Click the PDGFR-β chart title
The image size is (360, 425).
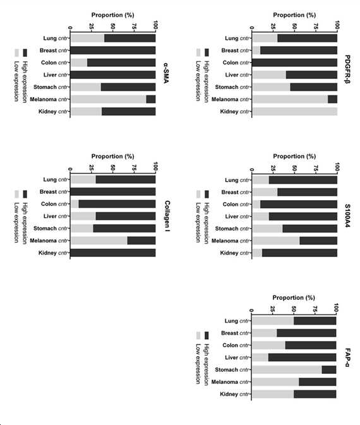[347, 69]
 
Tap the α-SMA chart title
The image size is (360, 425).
[166, 73]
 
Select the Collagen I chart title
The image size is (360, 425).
[167, 216]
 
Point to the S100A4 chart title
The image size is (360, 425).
[347, 215]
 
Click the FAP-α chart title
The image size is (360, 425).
[347, 357]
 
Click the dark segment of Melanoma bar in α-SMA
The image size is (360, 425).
[151, 99]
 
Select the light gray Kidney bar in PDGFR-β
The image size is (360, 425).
[295, 111]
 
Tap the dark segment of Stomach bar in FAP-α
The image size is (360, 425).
[329, 369]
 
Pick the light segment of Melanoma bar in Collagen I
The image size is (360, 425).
[99, 241]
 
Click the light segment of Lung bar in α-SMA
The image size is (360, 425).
[87, 39]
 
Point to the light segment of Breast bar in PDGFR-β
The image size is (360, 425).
[256, 51]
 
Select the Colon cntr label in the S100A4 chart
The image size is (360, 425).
[236, 205]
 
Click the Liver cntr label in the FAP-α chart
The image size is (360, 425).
[237, 357]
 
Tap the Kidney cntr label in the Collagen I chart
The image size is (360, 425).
[53, 253]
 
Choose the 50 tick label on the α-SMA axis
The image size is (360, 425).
[113, 27]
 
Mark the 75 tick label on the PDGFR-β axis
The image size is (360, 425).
[316, 27]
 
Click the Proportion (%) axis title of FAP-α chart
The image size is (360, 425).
[294, 297]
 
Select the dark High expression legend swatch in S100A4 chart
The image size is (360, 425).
[207, 194]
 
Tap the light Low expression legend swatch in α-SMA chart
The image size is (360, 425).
[16, 52]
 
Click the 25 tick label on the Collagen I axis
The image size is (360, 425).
[92, 168]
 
